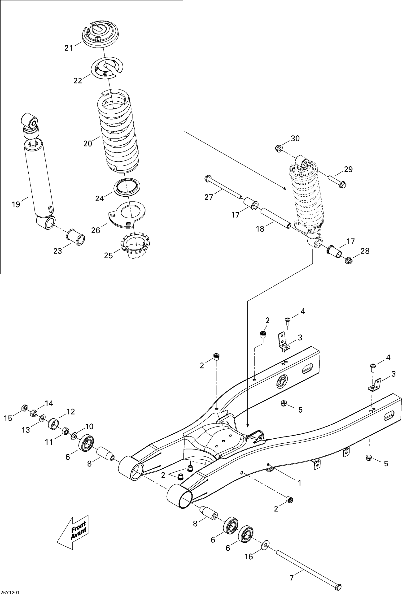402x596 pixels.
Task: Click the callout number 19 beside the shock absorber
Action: tap(16, 204)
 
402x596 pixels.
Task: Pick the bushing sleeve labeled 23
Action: tap(76, 238)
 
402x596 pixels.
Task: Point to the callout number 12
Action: tap(70, 411)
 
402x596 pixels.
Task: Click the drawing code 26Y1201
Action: tap(10, 592)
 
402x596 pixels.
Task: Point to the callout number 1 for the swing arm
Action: tap(299, 483)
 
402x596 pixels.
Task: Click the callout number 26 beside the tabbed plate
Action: tap(96, 230)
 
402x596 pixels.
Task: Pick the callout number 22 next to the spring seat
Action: tap(78, 80)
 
